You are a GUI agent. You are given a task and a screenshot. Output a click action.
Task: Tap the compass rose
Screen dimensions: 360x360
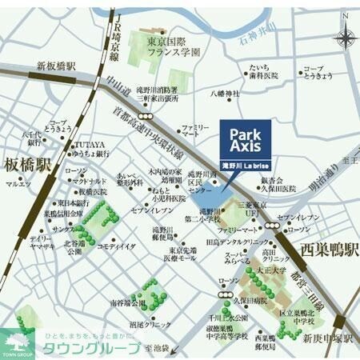(x=345, y=38)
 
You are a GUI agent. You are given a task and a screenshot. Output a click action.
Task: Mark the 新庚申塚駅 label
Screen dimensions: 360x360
(x=326, y=337)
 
